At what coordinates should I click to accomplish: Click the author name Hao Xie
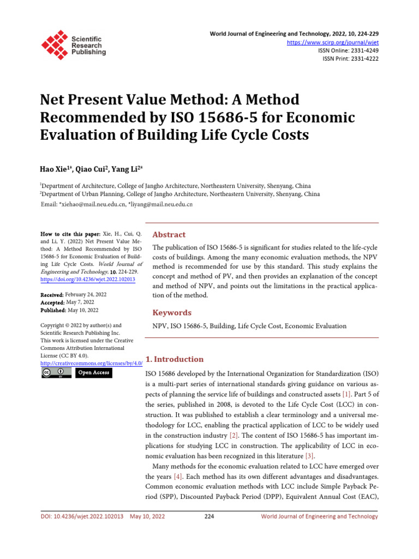click(57, 169)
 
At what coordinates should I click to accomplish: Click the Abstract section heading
click(169, 235)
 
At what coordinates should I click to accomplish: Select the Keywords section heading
click(172, 313)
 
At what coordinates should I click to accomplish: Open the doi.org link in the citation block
click(88, 279)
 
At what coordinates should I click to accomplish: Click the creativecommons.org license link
click(88, 363)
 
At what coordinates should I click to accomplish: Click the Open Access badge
click(93, 373)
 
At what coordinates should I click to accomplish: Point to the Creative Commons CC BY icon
click(56, 373)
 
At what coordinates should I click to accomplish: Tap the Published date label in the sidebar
click(53, 310)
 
